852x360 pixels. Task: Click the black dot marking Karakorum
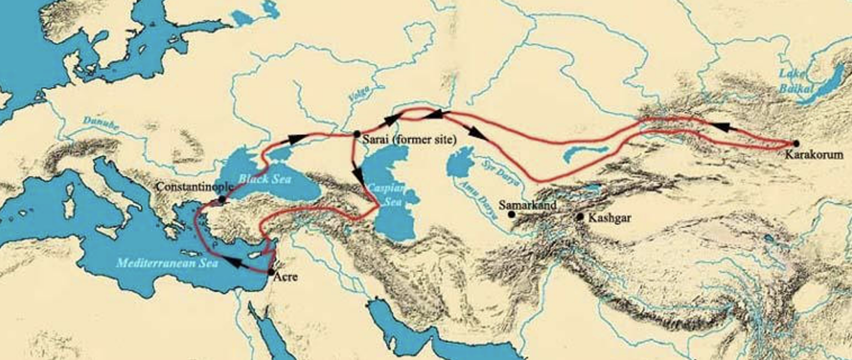(x=796, y=143)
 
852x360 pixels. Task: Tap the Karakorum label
(x=814, y=155)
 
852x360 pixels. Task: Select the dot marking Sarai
(x=357, y=134)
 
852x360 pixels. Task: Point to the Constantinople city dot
(x=222, y=199)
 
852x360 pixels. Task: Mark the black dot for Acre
(x=270, y=272)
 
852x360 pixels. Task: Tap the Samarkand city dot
(x=511, y=214)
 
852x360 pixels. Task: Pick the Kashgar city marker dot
(x=580, y=217)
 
